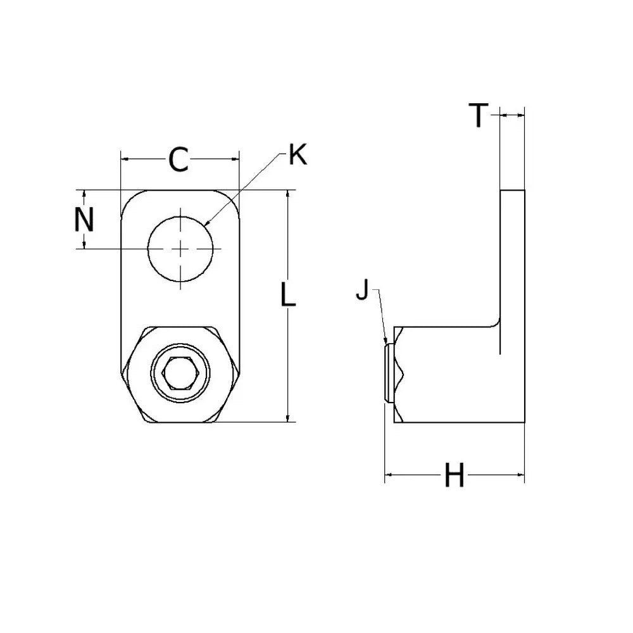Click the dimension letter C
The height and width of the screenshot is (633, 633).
(x=179, y=160)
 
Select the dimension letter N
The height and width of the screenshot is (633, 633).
(x=84, y=220)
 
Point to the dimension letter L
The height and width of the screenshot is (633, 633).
(x=288, y=294)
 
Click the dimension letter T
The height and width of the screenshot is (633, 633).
(x=479, y=115)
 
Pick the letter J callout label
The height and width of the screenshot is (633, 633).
(x=362, y=290)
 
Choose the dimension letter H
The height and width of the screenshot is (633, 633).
(x=454, y=475)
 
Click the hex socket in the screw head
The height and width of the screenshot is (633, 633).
(x=180, y=373)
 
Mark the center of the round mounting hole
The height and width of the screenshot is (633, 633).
(x=180, y=249)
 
